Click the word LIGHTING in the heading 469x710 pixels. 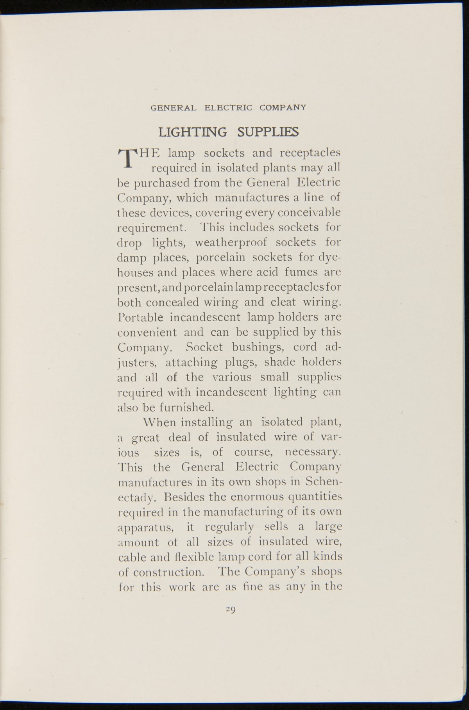coord(192,132)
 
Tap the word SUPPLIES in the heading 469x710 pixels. coord(268,132)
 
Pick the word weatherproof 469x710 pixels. coord(231,243)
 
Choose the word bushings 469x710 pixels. coord(254,347)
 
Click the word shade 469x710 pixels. coord(280,362)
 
